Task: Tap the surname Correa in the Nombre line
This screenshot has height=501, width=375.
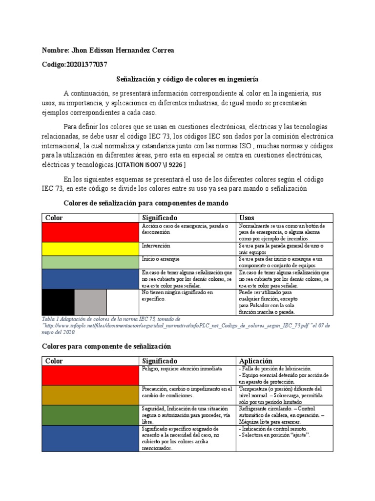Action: pyautogui.click(x=162, y=51)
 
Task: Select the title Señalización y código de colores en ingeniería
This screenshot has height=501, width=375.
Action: pyautogui.click(x=187, y=79)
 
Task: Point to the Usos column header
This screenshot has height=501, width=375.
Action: pyautogui.click(x=247, y=218)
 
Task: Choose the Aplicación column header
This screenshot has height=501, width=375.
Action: pyautogui.click(x=256, y=361)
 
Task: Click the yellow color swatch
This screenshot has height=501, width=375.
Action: pyautogui.click(x=90, y=249)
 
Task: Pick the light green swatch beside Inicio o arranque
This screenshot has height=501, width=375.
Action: pyautogui.click(x=90, y=262)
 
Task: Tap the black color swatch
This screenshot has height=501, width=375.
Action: pyautogui.click(x=58, y=302)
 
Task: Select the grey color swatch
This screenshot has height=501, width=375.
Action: pyautogui.click(x=90, y=302)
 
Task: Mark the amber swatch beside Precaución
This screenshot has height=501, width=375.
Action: pyautogui.click(x=90, y=394)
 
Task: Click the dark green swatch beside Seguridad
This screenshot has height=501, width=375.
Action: pyautogui.click(x=90, y=414)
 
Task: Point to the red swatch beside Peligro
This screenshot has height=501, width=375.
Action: pyautogui.click(x=90, y=375)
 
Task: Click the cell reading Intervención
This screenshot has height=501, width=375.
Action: pyautogui.click(x=156, y=246)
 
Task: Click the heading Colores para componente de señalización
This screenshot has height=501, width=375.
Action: pyautogui.click(x=106, y=346)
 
